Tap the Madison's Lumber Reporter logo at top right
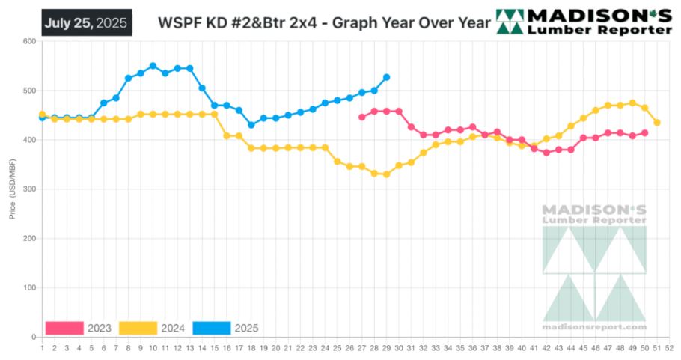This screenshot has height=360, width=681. (584, 22)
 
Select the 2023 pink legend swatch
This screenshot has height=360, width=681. (64, 328)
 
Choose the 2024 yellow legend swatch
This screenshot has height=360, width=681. (138, 328)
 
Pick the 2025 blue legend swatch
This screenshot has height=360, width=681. (211, 328)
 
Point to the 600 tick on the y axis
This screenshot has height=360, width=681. (29, 41)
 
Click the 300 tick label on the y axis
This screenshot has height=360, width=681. (29, 189)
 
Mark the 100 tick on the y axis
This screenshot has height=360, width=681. (29, 288)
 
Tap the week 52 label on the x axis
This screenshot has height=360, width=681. (669, 347)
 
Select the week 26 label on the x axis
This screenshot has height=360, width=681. (349, 347)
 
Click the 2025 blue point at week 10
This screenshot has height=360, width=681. (153, 66)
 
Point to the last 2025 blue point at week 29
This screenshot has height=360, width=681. (386, 77)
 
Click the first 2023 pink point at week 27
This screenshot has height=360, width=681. (361, 117)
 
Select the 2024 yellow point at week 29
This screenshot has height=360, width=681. (386, 174)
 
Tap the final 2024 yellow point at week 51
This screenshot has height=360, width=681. (657, 123)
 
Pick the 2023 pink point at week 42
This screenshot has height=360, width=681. (546, 153)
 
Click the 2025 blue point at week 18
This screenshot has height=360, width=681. (251, 125)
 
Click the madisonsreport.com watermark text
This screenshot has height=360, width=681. (594, 327)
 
